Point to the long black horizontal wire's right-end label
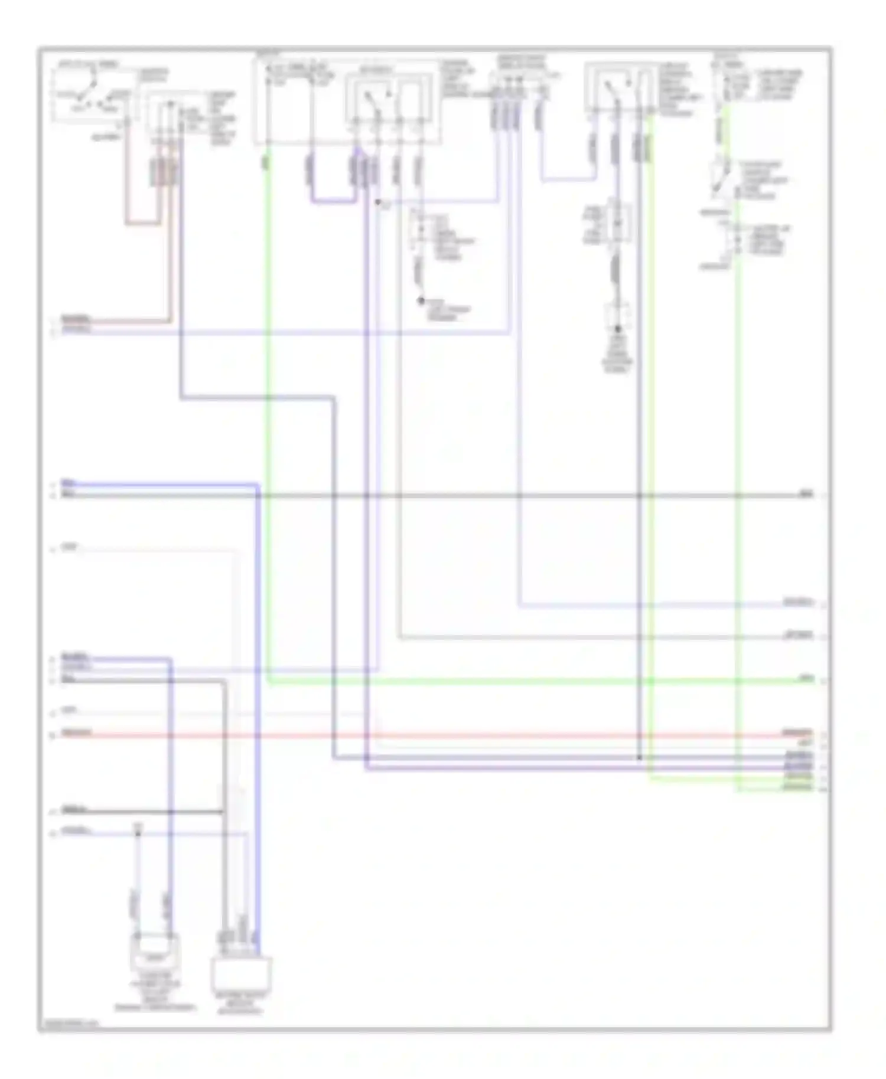coord(807,493)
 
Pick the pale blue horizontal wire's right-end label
coord(797,603)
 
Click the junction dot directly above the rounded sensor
coord(138,833)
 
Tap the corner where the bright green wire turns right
coord(268,682)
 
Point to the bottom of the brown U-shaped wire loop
coord(142,224)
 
